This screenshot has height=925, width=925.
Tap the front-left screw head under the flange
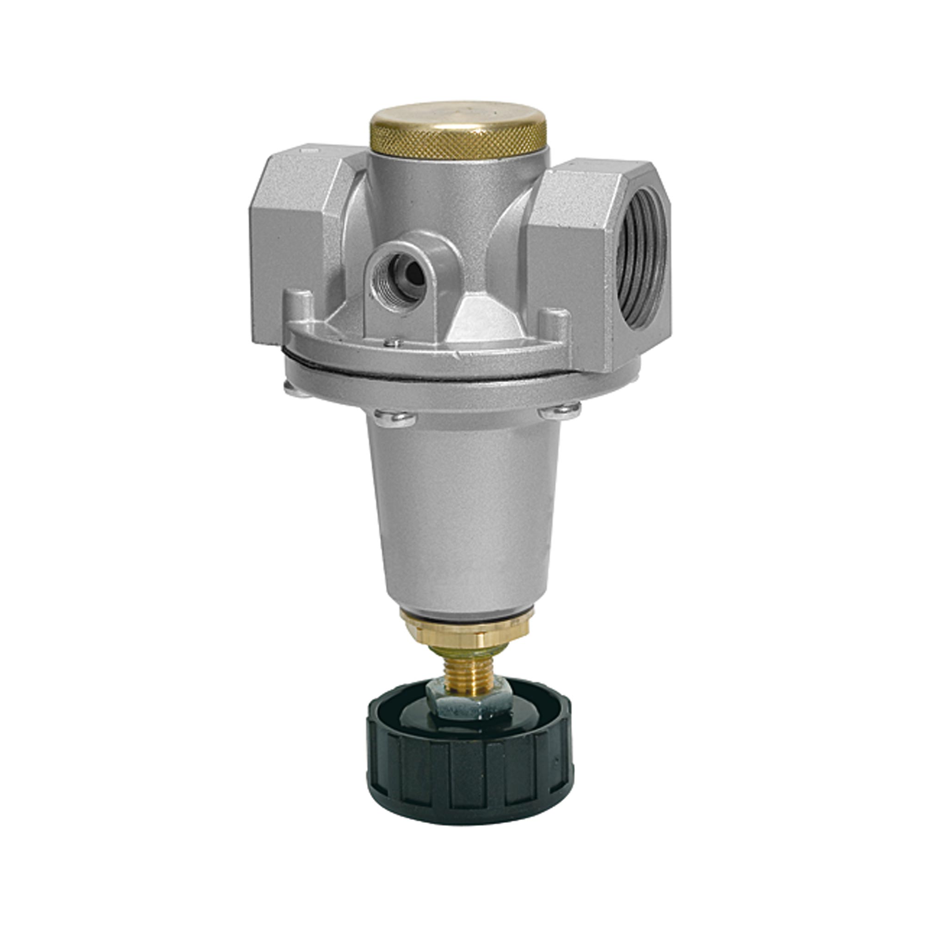(x=394, y=418)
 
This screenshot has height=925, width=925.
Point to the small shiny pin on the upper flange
(x=393, y=342)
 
